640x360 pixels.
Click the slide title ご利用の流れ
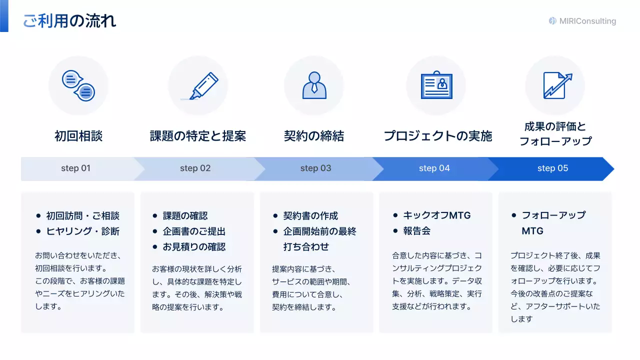tap(69, 21)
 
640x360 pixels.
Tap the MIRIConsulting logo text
tap(587, 21)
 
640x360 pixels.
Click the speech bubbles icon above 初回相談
tap(78, 85)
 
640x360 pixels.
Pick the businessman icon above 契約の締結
tap(314, 85)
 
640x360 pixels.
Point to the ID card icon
tap(436, 85)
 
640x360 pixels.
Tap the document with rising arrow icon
tap(556, 85)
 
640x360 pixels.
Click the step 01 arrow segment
tap(76, 168)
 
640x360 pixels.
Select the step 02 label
tap(195, 168)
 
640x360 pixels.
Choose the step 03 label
tap(315, 168)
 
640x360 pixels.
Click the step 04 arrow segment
tap(434, 168)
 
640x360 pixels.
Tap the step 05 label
tap(552, 168)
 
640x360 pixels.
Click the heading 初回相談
tap(78, 136)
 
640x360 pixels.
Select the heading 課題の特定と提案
tap(198, 136)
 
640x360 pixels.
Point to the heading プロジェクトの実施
tap(438, 136)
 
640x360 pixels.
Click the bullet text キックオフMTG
tap(437, 215)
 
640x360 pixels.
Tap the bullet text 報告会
tap(417, 231)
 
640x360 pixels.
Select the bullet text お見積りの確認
tap(194, 246)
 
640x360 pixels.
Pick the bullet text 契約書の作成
tap(310, 215)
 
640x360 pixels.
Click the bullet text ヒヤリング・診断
tap(82, 231)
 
